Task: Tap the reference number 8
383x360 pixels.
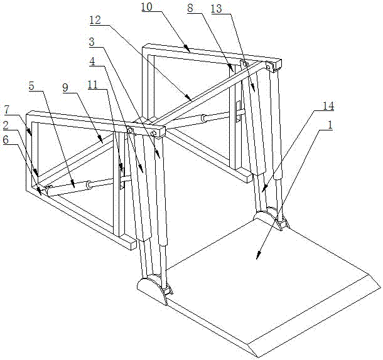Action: coord(190,8)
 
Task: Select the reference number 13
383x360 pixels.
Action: coord(216,9)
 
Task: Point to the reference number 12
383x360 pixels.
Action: coord(95,20)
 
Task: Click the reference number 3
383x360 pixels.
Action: coord(92,42)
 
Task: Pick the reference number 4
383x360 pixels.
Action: coord(92,61)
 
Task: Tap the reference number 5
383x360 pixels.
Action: coord(31,86)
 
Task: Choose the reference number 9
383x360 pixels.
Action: coord(65,88)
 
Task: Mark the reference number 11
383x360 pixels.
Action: coord(93,85)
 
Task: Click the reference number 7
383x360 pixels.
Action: coord(7,110)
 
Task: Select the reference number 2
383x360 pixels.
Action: coord(6,125)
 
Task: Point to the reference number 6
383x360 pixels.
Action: coord(6,140)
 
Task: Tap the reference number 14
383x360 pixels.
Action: coord(328,106)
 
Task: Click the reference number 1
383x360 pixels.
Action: coord(330,125)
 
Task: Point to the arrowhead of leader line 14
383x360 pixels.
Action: coord(262,191)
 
